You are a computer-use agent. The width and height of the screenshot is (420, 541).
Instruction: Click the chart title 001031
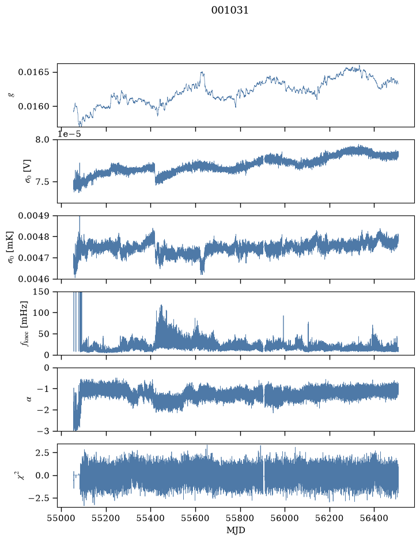click(230, 10)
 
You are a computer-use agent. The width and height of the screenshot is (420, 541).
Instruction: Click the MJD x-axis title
click(236, 530)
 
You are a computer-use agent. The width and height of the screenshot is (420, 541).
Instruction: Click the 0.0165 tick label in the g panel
click(33, 73)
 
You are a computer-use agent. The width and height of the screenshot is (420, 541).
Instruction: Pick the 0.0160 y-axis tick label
click(33, 106)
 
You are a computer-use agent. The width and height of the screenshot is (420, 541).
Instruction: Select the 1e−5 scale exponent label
click(69, 134)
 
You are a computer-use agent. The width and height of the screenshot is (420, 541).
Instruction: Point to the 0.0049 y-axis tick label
click(33, 216)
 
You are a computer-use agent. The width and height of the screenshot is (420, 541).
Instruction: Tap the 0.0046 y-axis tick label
click(33, 279)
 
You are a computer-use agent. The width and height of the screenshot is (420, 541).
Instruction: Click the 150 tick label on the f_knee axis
click(41, 292)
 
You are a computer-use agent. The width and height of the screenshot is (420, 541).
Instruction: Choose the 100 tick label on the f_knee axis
click(41, 313)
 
